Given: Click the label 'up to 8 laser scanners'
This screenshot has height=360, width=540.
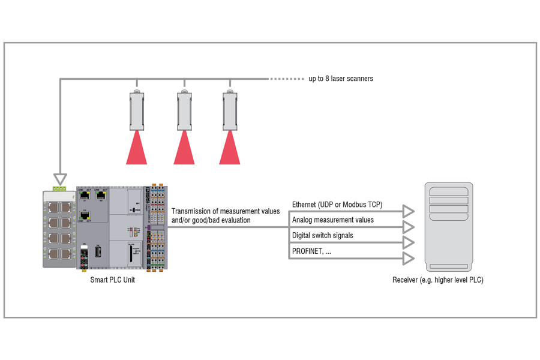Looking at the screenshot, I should tap(341, 79).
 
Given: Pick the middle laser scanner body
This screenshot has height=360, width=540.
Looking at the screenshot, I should tap(184, 110).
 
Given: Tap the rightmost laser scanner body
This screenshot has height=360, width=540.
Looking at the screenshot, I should tap(230, 110).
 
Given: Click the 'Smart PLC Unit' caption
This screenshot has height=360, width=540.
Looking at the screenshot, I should tap(112, 280).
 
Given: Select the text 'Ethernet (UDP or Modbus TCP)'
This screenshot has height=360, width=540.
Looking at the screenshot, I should tap(337, 205).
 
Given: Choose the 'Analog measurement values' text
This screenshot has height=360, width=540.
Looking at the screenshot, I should tap(332, 220).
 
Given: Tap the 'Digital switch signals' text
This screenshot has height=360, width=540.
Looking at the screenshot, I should tap(322, 236).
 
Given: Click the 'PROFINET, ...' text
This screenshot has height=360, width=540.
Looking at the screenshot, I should tap(311, 251).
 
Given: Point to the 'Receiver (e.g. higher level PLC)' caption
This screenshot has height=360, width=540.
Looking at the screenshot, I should tap(437, 280).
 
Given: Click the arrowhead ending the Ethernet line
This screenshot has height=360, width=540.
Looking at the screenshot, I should tap(409, 211).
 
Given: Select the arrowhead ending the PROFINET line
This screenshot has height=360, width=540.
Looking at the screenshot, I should tap(409, 258).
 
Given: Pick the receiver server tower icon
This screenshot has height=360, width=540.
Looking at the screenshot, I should tap(448, 227).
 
